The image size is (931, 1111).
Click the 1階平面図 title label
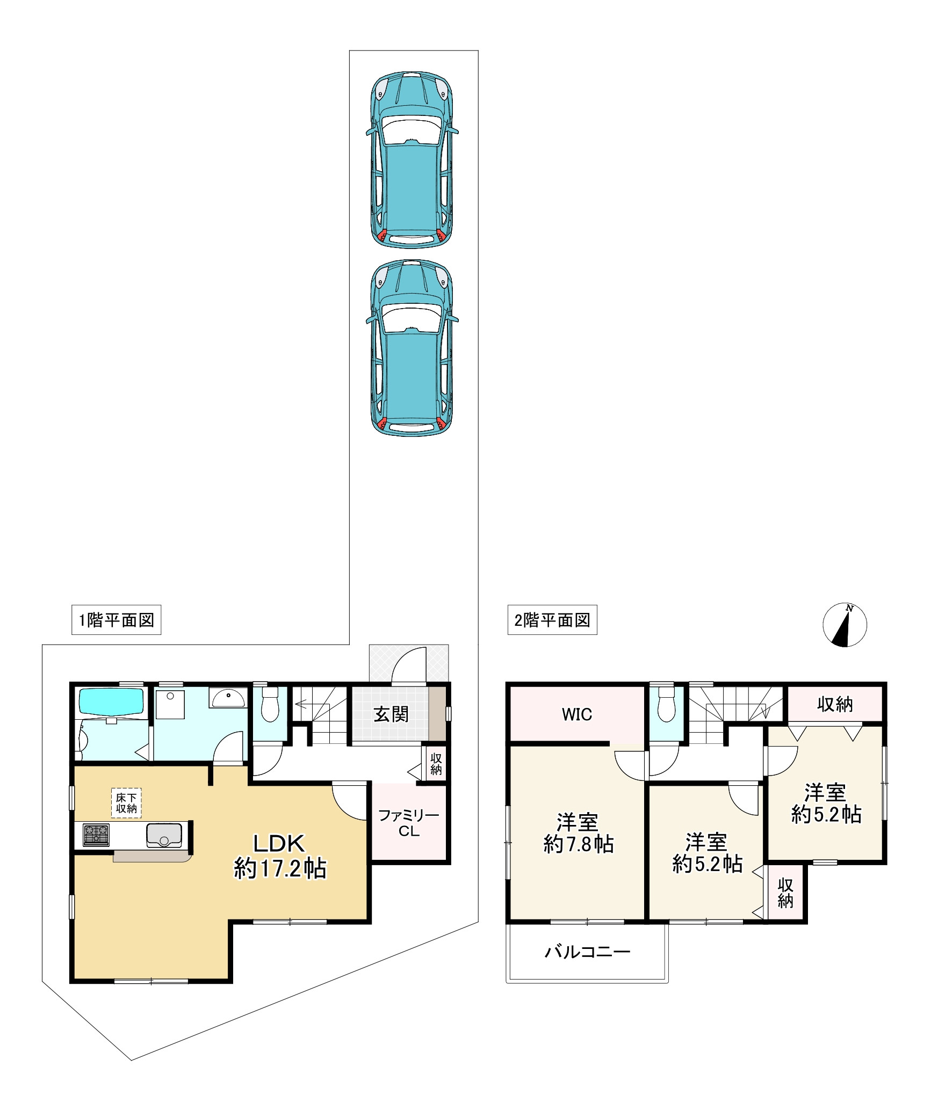point(117,620)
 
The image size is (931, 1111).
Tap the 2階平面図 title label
point(552,620)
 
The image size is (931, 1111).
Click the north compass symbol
point(845,625)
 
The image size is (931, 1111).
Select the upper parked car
point(412,159)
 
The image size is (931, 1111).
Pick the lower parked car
point(412,348)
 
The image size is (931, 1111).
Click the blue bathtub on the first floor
point(112,701)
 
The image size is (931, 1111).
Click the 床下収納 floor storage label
point(126,803)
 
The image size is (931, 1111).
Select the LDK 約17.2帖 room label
point(279,856)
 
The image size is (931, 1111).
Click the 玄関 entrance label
point(391,714)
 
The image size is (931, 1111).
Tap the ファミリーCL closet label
point(409,823)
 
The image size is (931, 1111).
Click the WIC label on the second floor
point(577,714)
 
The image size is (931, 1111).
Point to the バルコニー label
point(588,952)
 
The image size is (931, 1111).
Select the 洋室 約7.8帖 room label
point(578,834)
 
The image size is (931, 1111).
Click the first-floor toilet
point(270,705)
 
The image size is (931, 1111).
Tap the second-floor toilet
point(666,705)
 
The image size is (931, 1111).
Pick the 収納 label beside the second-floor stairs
point(835,704)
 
